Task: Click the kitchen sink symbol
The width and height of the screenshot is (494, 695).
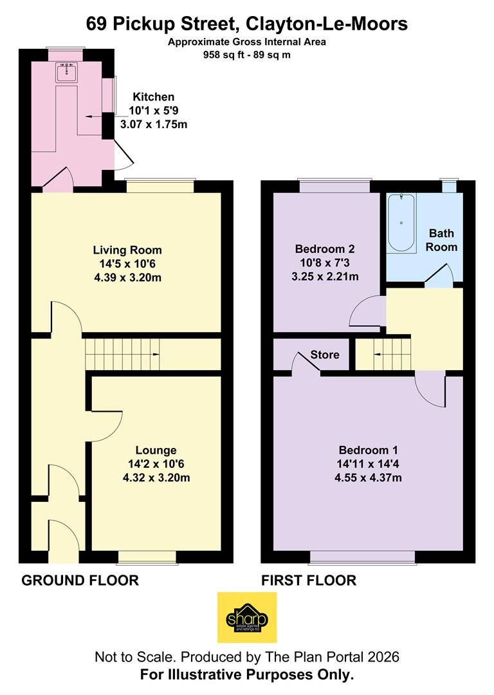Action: pyautogui.click(x=66, y=71)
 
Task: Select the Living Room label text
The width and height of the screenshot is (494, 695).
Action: pyautogui.click(x=127, y=250)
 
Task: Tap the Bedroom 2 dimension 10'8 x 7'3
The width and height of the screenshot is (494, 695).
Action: pyautogui.click(x=324, y=263)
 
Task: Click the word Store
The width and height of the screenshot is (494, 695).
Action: pyautogui.click(x=325, y=355)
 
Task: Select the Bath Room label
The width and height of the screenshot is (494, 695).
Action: pyautogui.click(x=443, y=239)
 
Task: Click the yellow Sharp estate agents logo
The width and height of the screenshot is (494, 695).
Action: pyautogui.click(x=247, y=618)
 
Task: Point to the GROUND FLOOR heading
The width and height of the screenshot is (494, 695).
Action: pyautogui.click(x=80, y=580)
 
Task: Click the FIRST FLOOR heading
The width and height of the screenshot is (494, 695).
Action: pyautogui.click(x=308, y=580)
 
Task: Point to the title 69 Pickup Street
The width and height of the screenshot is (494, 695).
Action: pyautogui.click(x=247, y=24)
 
